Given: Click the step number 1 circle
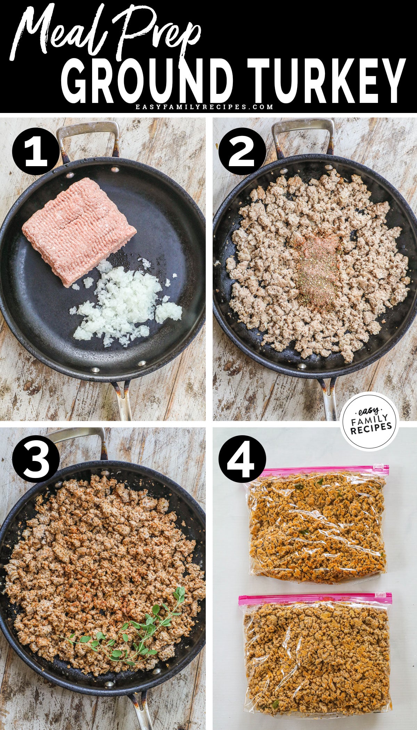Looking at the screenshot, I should [35, 152].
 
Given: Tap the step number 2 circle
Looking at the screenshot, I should [243, 152].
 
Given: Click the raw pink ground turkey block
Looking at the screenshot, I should [78, 229].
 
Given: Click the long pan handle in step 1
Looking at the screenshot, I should [122, 400].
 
